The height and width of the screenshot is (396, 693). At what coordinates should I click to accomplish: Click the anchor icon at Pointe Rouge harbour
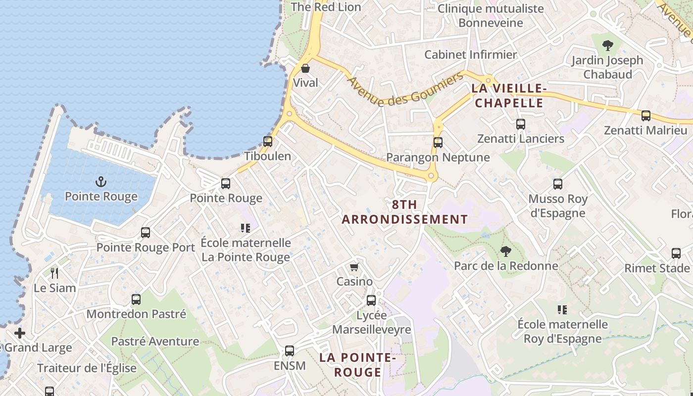(x=101, y=182)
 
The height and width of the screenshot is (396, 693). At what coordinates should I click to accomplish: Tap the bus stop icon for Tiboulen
(x=268, y=141)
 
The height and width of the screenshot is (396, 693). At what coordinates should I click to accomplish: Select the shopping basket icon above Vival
(x=305, y=68)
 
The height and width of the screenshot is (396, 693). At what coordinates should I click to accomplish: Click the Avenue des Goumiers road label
(x=405, y=89)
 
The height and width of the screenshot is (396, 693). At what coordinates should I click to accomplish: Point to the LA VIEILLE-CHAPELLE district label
(x=508, y=96)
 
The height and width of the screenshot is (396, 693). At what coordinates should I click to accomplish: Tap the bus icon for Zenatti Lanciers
(x=520, y=124)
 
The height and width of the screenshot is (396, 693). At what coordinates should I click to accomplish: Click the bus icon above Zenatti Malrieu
(x=645, y=116)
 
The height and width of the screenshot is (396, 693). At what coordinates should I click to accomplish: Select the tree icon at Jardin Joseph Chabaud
(x=607, y=46)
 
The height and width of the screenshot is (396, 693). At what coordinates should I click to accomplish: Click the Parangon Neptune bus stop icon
(x=438, y=143)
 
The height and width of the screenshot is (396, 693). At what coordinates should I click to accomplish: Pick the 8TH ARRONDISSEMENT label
(x=405, y=212)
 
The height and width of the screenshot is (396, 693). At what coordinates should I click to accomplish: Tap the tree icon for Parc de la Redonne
(x=505, y=251)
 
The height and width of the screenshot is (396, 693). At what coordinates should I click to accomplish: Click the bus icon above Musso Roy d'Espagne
(x=558, y=184)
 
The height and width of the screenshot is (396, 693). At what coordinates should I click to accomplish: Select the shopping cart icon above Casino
(x=354, y=267)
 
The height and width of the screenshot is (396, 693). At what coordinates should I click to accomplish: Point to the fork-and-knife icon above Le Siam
(x=54, y=273)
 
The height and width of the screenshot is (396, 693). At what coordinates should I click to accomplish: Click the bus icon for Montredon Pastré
(x=136, y=299)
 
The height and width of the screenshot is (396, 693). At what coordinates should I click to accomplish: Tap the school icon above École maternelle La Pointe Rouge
(x=246, y=228)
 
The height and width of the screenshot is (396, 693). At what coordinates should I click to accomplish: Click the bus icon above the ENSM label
(x=290, y=351)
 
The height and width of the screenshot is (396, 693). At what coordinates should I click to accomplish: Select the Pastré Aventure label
(x=155, y=341)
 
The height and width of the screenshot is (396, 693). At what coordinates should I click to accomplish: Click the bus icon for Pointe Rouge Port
(x=146, y=233)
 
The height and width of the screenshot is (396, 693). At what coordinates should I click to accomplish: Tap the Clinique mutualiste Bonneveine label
(x=491, y=15)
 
